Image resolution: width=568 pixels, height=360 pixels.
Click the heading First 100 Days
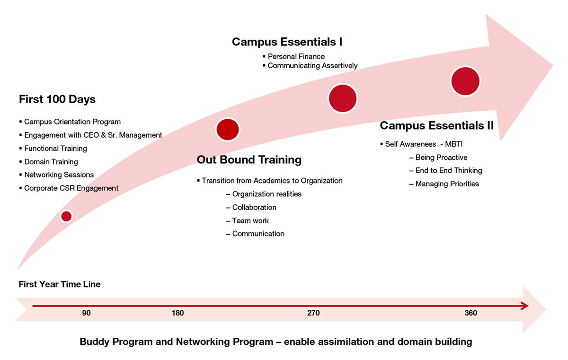[x=57, y=99]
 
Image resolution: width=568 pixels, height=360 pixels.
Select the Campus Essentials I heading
[x=287, y=42]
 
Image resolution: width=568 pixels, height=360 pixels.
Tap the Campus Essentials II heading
[x=436, y=126]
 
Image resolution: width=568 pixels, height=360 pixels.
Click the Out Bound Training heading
[x=249, y=160]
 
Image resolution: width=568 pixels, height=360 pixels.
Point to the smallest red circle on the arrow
[x=66, y=216]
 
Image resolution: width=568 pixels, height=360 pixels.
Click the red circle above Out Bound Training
[x=228, y=130]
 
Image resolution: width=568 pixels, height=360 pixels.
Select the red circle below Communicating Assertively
[x=343, y=98]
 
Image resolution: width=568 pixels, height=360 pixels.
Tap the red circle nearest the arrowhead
[x=465, y=81]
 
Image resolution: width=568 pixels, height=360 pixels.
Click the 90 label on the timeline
[x=86, y=313]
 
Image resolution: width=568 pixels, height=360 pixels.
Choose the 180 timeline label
[x=177, y=313]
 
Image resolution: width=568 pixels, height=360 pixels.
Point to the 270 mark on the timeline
[x=313, y=313]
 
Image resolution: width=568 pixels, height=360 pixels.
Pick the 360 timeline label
[x=470, y=313]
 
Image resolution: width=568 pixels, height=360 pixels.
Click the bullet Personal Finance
[x=293, y=56]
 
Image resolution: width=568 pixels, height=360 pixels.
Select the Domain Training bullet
[x=48, y=162]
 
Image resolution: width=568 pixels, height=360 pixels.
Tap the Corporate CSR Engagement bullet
[x=69, y=188]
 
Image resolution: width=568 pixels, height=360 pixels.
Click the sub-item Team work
[x=247, y=220]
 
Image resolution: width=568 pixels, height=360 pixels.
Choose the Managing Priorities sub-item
[x=444, y=184]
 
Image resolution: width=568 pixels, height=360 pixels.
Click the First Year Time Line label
[x=60, y=284]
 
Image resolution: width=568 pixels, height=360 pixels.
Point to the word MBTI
[x=453, y=144]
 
